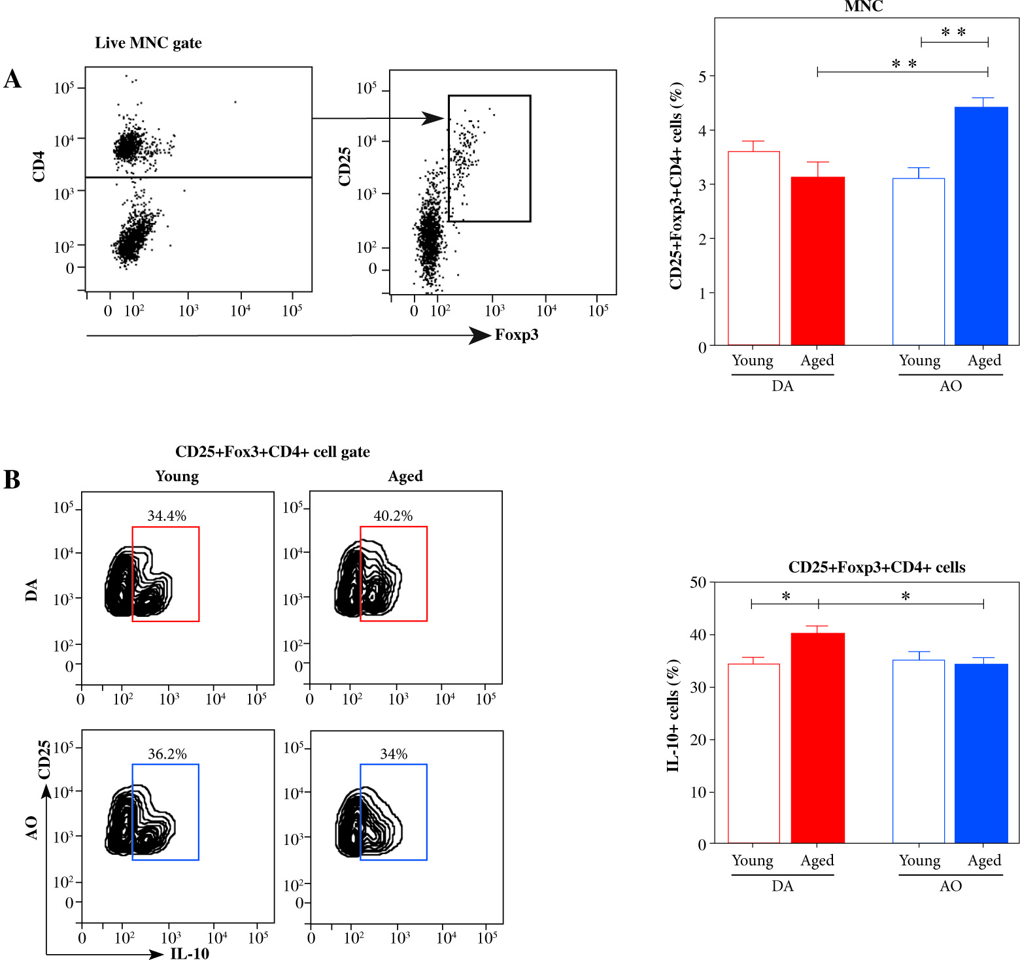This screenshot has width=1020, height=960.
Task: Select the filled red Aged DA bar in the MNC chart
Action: click(x=817, y=261)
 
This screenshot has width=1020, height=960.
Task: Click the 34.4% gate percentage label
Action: click(x=167, y=516)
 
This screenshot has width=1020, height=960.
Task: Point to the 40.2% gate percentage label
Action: click(x=393, y=516)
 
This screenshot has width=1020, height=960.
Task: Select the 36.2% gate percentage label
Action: click(x=167, y=753)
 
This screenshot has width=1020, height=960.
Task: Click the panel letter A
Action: click(x=12, y=79)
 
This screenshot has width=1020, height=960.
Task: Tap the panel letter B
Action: click(x=12, y=479)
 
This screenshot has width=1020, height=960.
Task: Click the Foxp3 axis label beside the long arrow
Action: click(x=517, y=335)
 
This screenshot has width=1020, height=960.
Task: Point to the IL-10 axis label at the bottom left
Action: click(x=190, y=953)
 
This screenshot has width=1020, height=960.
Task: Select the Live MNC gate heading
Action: click(x=148, y=42)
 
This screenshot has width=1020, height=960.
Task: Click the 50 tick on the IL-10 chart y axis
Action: click(x=698, y=582)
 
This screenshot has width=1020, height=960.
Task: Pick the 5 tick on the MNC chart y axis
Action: click(x=702, y=76)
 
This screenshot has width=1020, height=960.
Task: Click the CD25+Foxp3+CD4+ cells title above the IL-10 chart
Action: click(x=877, y=567)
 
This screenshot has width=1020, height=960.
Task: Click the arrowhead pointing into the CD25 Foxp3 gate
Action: click(x=433, y=118)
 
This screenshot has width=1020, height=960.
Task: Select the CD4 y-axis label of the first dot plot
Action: click(x=39, y=166)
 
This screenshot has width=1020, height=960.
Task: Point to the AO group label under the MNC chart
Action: click(x=951, y=386)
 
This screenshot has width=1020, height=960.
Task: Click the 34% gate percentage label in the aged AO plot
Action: click(x=394, y=753)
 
